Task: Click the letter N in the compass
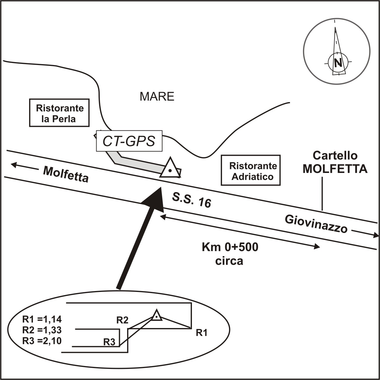338,63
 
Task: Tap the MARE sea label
157,97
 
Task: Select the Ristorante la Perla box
59,113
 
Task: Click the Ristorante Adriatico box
251,171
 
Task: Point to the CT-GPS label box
129,141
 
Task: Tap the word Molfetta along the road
66,174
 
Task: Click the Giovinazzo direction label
316,224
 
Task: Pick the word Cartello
335,156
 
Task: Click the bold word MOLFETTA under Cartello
335,169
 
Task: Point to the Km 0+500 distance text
230,248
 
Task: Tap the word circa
229,261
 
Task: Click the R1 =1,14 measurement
42,319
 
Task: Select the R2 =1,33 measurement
42,330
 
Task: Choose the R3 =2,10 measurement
42,341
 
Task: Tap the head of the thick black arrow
155,198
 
